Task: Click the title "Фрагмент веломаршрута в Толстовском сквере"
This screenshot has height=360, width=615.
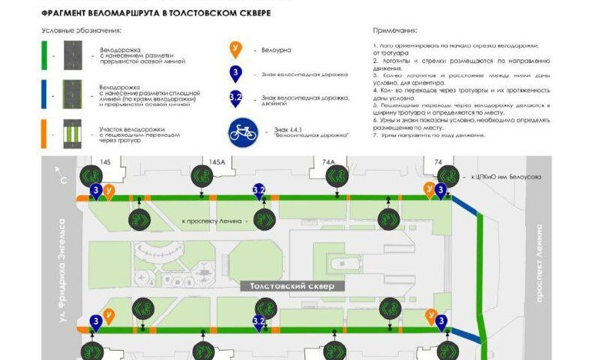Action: [x=157, y=13]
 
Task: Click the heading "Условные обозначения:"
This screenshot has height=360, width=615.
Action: [x=81, y=32]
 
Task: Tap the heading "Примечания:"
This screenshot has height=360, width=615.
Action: [x=395, y=32]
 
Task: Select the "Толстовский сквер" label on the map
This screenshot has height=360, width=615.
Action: [x=292, y=285]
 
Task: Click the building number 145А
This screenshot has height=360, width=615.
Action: [x=218, y=162]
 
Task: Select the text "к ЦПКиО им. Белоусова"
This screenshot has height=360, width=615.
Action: [x=507, y=177]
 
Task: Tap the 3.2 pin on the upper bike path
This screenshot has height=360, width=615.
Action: [x=259, y=190]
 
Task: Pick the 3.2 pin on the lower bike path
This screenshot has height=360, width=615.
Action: [x=259, y=322]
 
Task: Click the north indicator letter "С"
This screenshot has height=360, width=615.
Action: [x=63, y=181]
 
